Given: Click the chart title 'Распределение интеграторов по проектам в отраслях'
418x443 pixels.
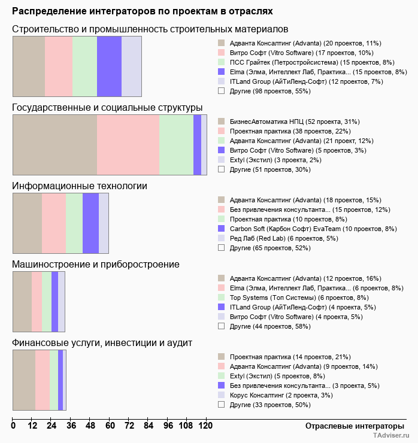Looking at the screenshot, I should (x=143, y=11).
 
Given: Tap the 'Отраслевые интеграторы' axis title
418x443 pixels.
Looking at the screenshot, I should (x=351, y=426).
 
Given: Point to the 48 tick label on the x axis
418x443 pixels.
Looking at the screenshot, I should (x=90, y=426).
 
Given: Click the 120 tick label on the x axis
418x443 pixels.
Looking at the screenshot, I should (x=205, y=426).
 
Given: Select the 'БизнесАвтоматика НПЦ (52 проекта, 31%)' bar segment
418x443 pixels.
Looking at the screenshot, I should (x=54, y=145).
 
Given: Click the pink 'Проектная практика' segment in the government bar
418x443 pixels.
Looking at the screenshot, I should (x=128, y=145).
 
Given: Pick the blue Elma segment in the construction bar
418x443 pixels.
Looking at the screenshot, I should (x=109, y=66).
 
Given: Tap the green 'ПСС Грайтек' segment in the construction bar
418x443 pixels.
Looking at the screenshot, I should (x=84, y=66).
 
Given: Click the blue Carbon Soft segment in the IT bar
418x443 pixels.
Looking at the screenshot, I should (x=90, y=223).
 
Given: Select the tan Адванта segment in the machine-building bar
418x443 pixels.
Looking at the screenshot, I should (x=22, y=302).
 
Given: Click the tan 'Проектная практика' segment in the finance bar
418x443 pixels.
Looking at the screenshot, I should (x=24, y=380).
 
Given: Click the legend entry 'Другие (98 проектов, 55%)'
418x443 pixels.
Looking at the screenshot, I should (x=269, y=91).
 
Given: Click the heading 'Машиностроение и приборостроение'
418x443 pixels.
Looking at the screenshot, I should (x=96, y=264).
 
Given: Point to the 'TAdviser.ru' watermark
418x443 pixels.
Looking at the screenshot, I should (x=391, y=436).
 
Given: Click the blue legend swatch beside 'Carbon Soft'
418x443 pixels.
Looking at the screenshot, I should (x=221, y=229).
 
